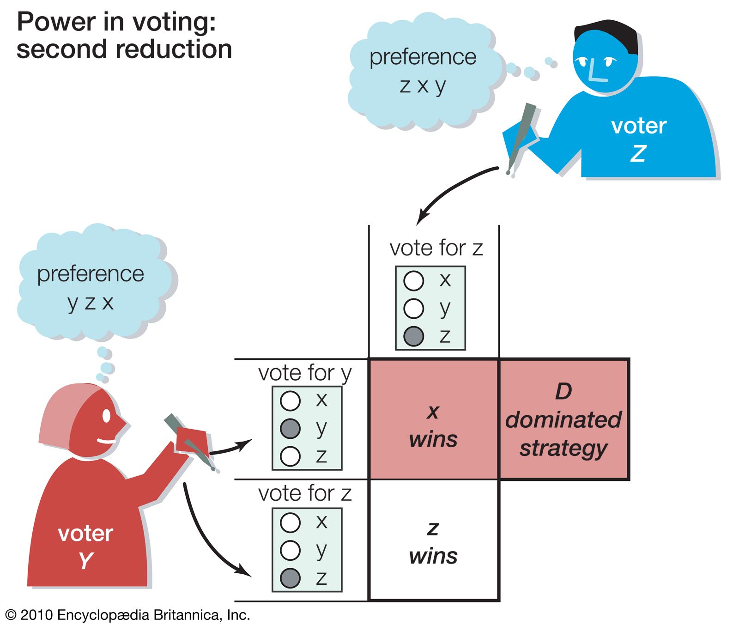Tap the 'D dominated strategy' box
coord(563,419)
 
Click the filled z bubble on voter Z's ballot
coord(413,336)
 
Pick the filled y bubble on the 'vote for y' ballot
coord(291,428)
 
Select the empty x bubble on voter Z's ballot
coord(413,280)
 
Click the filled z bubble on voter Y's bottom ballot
coord(291,578)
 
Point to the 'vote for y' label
coord(305,373)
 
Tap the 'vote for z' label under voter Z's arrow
coord(436,248)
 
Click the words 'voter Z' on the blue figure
coord(639,139)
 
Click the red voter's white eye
coord(106,416)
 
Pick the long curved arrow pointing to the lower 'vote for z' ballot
coord(203,536)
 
